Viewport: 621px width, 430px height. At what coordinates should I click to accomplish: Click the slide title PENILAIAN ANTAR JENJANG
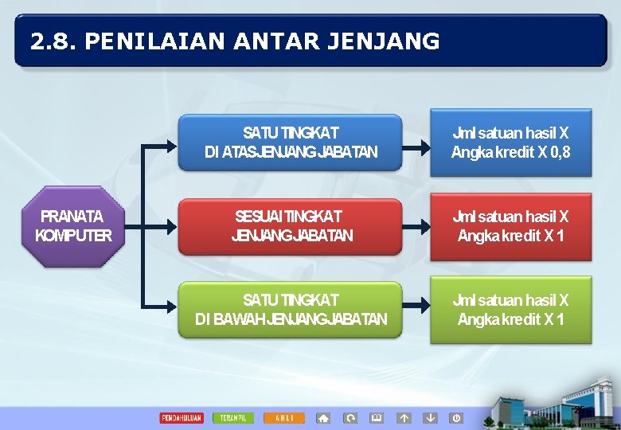click(x=235, y=41)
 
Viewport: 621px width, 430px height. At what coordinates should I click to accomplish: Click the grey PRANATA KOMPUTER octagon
click(x=74, y=226)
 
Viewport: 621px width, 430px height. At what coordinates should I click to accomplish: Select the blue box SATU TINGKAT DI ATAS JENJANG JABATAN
click(x=291, y=143)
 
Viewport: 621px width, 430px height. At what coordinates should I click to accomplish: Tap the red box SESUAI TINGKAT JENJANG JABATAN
click(x=291, y=226)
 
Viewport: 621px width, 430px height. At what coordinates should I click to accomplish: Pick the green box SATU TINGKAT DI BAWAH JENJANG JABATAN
click(x=291, y=310)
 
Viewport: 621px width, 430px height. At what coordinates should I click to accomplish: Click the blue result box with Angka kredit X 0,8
click(x=510, y=143)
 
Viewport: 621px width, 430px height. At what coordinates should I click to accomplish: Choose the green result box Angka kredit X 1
click(x=510, y=310)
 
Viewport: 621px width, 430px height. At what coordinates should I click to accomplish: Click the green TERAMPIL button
click(x=233, y=418)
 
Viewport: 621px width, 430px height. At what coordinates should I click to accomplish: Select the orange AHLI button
click(x=284, y=418)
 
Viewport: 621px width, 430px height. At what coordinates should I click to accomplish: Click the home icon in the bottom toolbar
click(x=323, y=418)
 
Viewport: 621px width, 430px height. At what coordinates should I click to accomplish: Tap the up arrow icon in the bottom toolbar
click(x=404, y=418)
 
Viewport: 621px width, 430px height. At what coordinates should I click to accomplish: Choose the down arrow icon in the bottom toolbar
click(x=430, y=418)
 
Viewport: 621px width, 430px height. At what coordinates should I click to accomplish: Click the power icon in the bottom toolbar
click(x=456, y=418)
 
